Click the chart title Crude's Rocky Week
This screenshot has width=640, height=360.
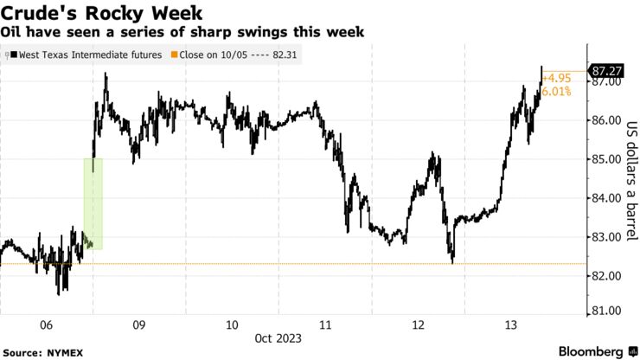[102, 13]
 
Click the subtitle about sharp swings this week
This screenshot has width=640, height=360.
[182, 32]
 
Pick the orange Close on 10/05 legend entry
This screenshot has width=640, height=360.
[228, 55]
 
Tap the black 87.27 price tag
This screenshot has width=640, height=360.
[606, 70]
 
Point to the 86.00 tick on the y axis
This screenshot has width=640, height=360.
[606, 120]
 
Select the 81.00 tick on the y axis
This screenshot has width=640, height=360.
[606, 311]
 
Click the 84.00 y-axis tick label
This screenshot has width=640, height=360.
[606, 198]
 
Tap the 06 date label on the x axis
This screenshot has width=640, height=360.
[47, 325]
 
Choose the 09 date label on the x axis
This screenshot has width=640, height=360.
[139, 325]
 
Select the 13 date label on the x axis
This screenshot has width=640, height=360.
[511, 325]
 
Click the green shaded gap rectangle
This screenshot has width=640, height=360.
[93, 203]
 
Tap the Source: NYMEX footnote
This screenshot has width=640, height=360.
[40, 352]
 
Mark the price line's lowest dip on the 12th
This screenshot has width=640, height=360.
[452, 262]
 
